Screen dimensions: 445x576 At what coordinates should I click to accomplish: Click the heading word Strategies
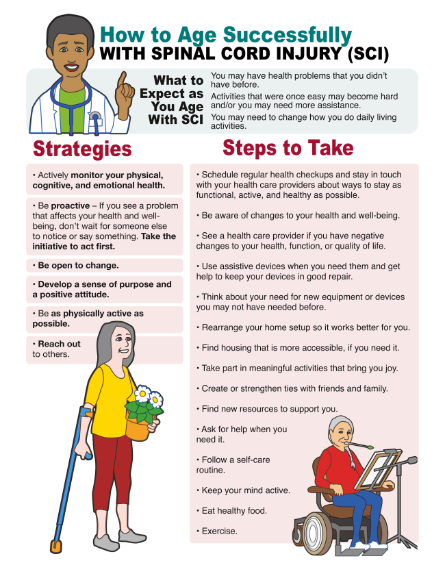click(x=82, y=149)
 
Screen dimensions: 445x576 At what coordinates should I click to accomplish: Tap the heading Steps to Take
click(x=288, y=148)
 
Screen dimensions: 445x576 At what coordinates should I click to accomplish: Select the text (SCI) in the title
click(x=368, y=53)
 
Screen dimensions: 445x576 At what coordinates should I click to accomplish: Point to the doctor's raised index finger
click(x=122, y=79)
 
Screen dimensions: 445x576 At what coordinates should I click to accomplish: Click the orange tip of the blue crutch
click(x=55, y=547)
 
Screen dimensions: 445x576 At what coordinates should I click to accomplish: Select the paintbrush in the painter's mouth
click(x=359, y=446)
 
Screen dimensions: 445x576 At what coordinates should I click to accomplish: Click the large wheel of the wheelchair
click(x=315, y=531)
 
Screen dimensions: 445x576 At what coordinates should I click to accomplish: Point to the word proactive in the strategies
click(x=70, y=205)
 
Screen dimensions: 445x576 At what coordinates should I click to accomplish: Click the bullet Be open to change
click(x=75, y=265)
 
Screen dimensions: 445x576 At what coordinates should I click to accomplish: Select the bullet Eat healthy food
click(x=231, y=511)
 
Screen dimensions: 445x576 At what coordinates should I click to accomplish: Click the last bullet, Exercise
click(x=217, y=531)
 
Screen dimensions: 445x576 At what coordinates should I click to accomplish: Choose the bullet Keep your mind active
click(x=244, y=490)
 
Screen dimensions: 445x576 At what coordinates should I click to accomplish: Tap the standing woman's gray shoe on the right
click(x=132, y=536)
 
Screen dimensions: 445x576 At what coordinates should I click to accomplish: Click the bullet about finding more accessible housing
click(x=298, y=348)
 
